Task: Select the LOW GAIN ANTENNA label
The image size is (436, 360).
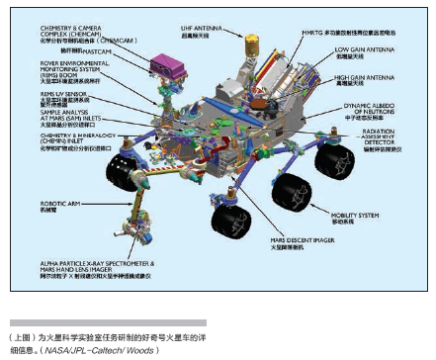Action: click(x=362, y=48)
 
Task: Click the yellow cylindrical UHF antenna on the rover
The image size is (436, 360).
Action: click(x=251, y=45)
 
